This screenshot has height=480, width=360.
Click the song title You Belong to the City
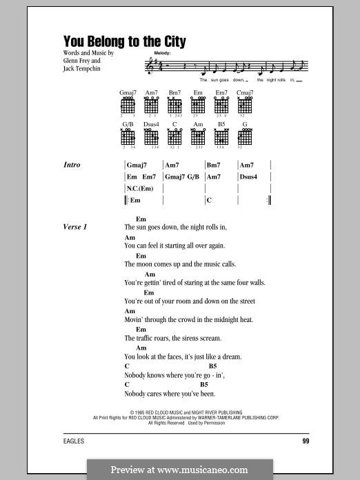[x=125, y=41]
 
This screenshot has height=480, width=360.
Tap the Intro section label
[x=72, y=165]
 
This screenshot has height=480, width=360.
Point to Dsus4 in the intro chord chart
[x=248, y=177]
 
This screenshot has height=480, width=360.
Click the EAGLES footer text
[x=68, y=441]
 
